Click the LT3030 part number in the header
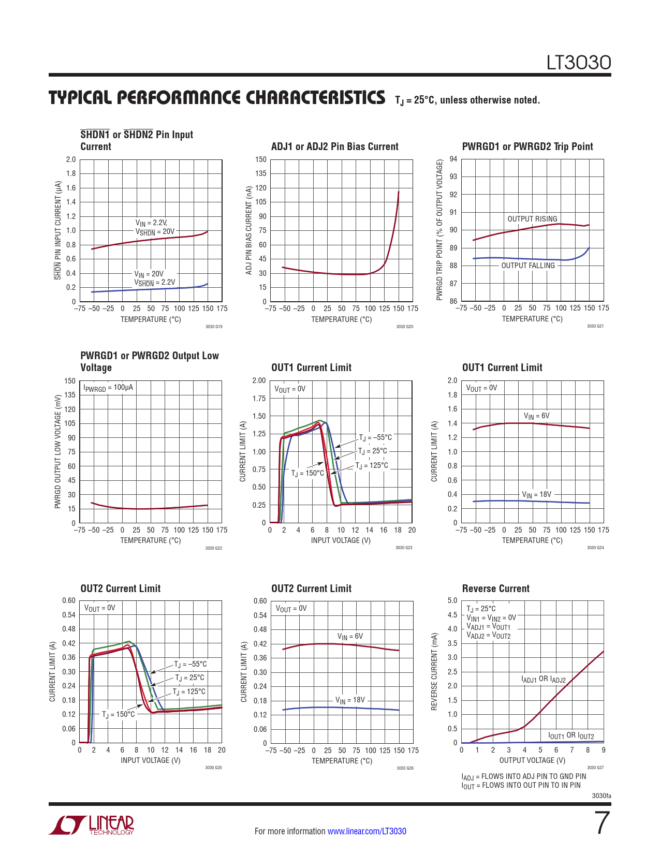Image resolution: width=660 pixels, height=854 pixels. click(579, 63)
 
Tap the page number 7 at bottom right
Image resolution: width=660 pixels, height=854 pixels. click(602, 823)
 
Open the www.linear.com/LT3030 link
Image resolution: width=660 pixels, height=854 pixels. click(366, 831)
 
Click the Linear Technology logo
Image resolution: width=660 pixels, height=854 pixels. click(92, 825)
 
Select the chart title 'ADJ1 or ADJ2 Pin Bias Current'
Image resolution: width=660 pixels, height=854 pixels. click(334, 146)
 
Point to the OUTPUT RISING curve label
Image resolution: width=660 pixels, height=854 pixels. click(532, 219)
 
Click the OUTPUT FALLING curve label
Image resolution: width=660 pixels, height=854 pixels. click(527, 266)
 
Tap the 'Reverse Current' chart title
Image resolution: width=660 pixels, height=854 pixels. click(495, 588)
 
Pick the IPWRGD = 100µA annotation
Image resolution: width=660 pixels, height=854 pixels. click(108, 388)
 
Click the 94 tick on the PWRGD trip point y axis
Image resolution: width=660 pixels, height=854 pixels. click(453, 159)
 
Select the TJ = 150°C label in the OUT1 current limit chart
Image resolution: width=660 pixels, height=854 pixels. click(307, 473)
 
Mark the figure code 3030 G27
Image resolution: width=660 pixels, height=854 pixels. click(595, 768)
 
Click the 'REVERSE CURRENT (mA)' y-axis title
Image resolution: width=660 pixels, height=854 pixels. click(434, 671)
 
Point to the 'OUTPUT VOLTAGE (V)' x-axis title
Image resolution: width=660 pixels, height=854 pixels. click(532, 760)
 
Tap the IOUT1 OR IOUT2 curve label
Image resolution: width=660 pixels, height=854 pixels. click(571, 735)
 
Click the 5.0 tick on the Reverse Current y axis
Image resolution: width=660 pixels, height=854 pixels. click(452, 600)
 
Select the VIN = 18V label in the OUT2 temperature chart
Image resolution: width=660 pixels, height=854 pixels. click(350, 700)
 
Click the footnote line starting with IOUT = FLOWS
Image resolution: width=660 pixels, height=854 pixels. click(521, 786)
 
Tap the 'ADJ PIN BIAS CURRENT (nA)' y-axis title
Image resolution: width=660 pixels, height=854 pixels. click(249, 230)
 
